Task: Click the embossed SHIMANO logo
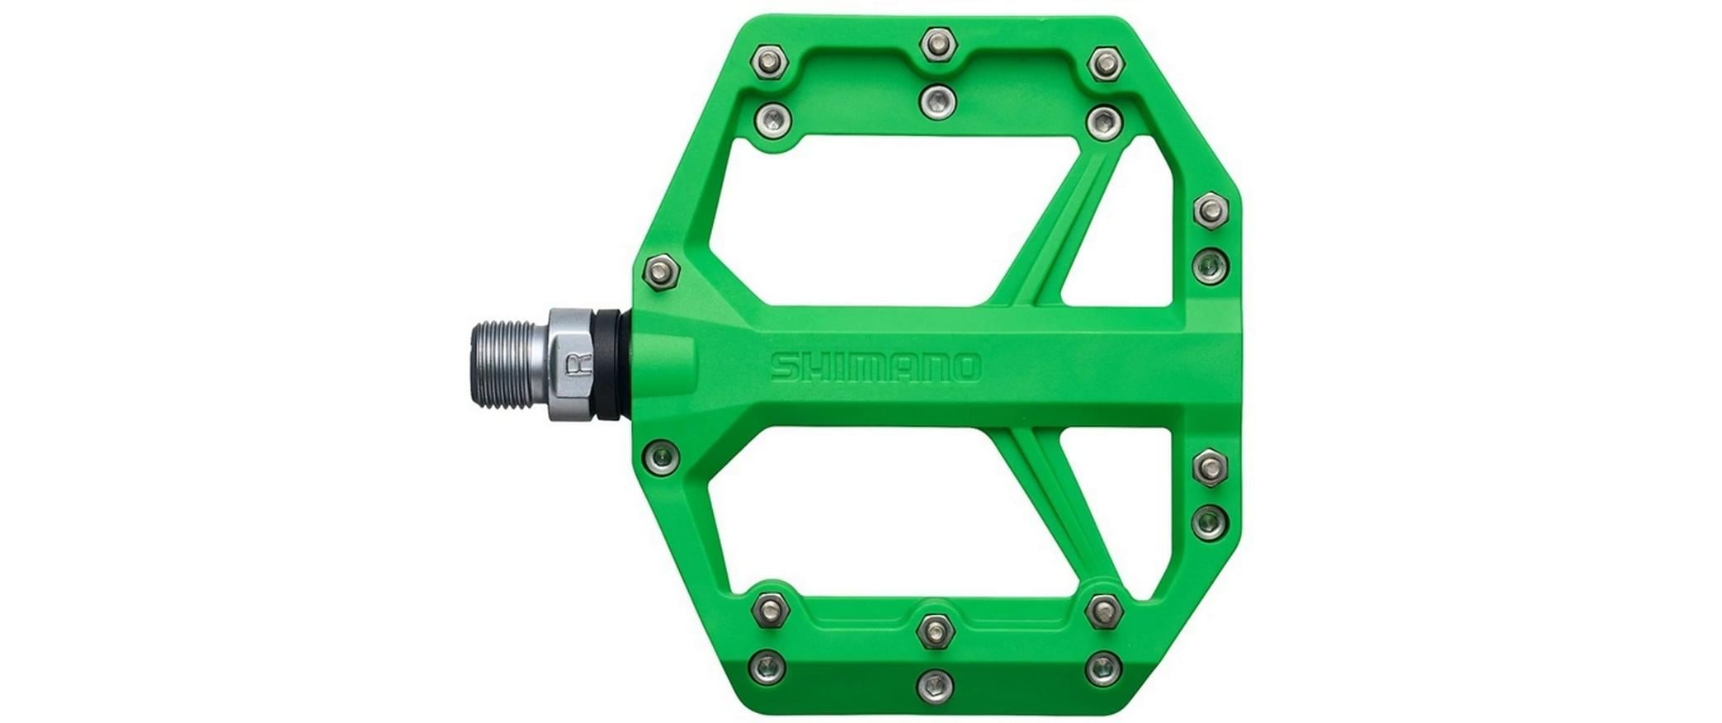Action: pos(875,367)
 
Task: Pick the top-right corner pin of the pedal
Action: pos(1105,61)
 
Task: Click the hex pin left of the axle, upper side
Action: pos(662,270)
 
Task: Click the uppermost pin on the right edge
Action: pos(1210,210)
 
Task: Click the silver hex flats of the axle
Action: pos(568,366)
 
